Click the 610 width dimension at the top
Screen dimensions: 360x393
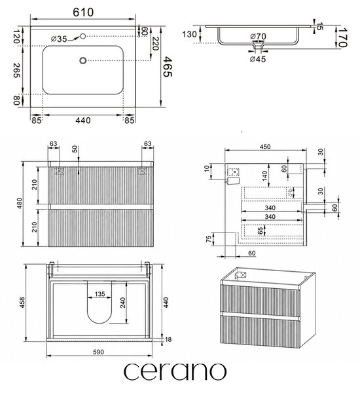pos(83,12)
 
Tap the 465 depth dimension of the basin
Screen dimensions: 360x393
pos(168,67)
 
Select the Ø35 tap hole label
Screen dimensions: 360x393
pos(59,39)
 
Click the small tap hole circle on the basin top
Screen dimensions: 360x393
pos(83,36)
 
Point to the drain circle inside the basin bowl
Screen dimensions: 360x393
pos(83,60)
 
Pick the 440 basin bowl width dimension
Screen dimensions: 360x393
pos(83,121)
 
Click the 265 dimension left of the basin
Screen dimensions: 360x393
pos(16,70)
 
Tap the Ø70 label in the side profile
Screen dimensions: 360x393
pos(258,37)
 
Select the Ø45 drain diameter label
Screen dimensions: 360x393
pos(258,59)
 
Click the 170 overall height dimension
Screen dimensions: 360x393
pos(342,37)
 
